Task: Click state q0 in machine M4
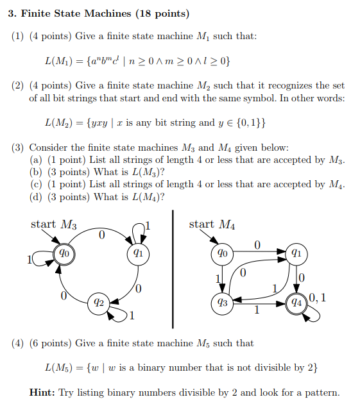(x=222, y=253)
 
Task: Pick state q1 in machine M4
(x=296, y=253)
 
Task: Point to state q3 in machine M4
(x=222, y=301)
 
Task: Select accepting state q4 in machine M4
(x=296, y=301)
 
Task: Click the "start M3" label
(x=54, y=224)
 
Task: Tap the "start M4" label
(x=212, y=224)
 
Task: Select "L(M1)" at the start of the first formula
(x=58, y=61)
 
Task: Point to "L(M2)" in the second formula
(x=58, y=122)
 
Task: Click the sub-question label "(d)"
(x=37, y=197)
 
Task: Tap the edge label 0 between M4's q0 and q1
(x=257, y=244)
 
